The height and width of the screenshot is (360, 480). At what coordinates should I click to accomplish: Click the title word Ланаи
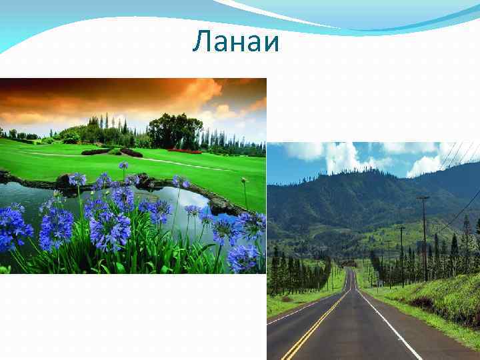(x=236, y=43)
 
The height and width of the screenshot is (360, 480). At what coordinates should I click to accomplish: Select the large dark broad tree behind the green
(x=175, y=130)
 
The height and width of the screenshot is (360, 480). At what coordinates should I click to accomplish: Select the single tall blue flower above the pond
(x=123, y=167)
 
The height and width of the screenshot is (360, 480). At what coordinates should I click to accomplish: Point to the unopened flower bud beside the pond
(x=245, y=181)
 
